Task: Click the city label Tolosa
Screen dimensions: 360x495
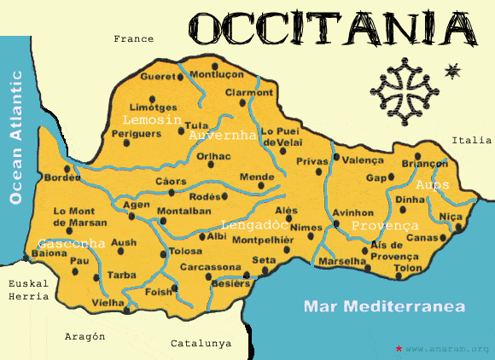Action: point(185,252)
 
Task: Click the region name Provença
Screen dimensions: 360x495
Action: point(385,225)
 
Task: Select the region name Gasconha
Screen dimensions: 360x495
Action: point(71,244)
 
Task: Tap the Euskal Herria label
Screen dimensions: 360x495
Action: point(23,290)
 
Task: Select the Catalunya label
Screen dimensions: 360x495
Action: point(201,343)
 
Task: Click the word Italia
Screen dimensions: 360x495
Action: point(472,140)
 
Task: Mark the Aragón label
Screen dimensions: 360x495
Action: point(84,336)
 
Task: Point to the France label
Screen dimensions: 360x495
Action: point(133,38)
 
